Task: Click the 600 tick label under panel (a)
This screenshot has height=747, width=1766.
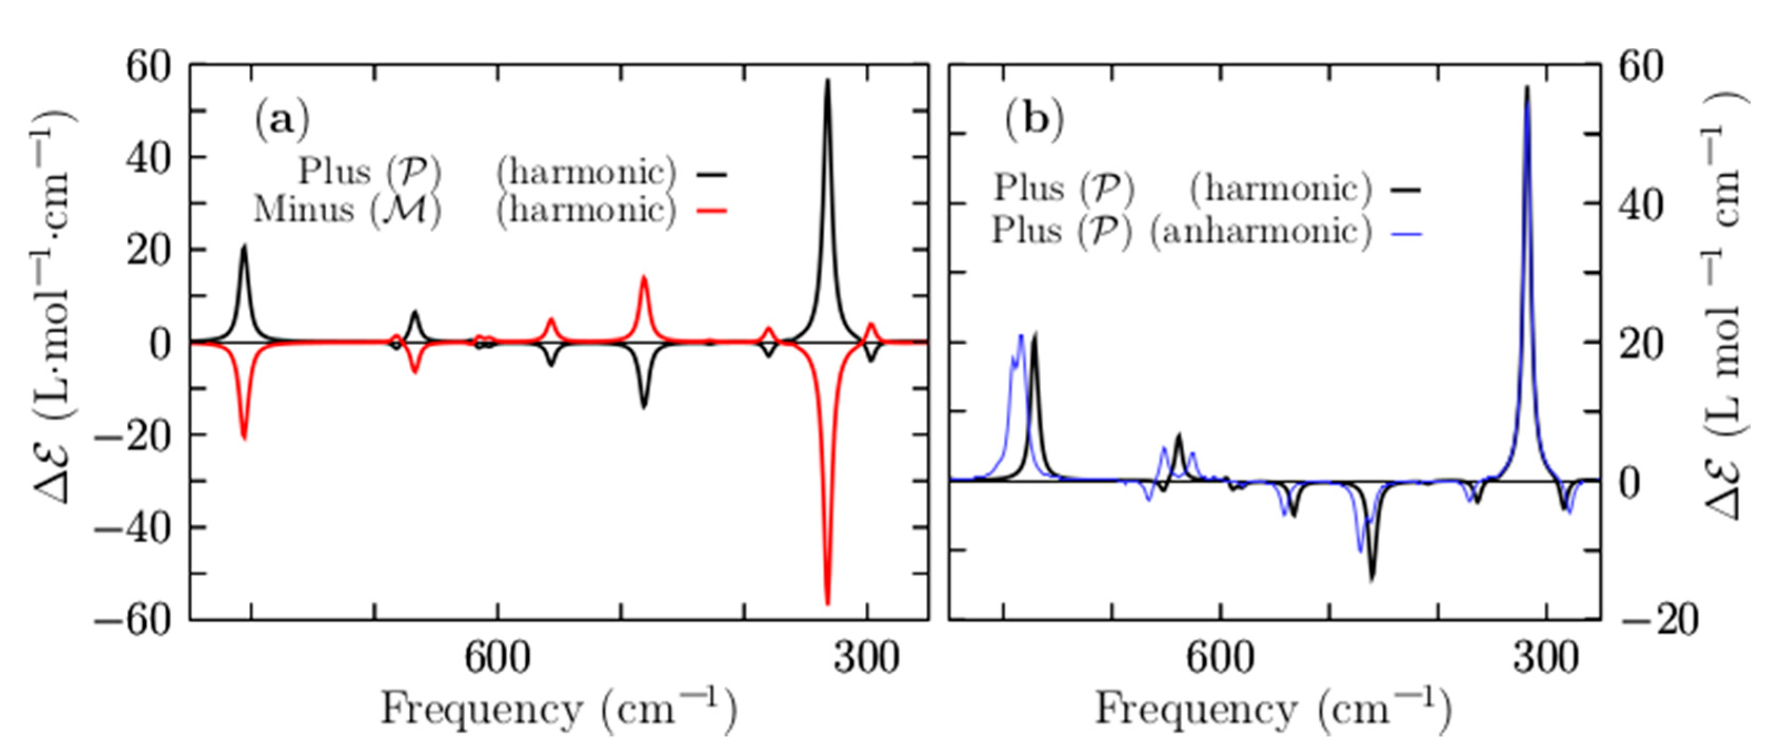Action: coord(498,659)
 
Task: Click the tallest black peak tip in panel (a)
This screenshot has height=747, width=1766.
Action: coord(827,80)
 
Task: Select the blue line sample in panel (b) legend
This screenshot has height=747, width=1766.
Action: coord(1407,234)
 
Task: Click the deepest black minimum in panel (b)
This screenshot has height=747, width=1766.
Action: coord(1372,580)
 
